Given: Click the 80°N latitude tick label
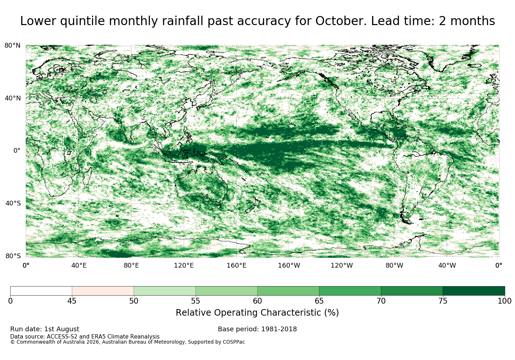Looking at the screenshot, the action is click(12, 45).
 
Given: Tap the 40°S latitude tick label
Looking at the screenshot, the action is click(13, 203).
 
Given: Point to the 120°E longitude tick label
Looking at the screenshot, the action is click(184, 265).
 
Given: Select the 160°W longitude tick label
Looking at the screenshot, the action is click(289, 265).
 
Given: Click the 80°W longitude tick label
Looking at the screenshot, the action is click(394, 265).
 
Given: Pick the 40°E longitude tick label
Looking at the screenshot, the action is click(79, 265).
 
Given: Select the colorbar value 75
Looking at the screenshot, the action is click(443, 301).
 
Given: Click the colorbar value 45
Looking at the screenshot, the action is click(72, 301).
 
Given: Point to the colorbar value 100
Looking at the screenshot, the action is click(504, 301).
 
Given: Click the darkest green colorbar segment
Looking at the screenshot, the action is click(474, 291).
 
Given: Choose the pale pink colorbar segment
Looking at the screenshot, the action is click(103, 291).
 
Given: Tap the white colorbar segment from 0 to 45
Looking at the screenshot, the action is click(41, 291).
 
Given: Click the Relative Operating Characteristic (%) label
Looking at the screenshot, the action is click(257, 313).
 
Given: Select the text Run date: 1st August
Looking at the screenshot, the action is click(45, 329).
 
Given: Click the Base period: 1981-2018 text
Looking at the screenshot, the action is click(257, 329).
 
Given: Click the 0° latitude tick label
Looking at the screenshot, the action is click(17, 151).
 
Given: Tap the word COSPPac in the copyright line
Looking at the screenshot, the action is click(233, 342).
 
